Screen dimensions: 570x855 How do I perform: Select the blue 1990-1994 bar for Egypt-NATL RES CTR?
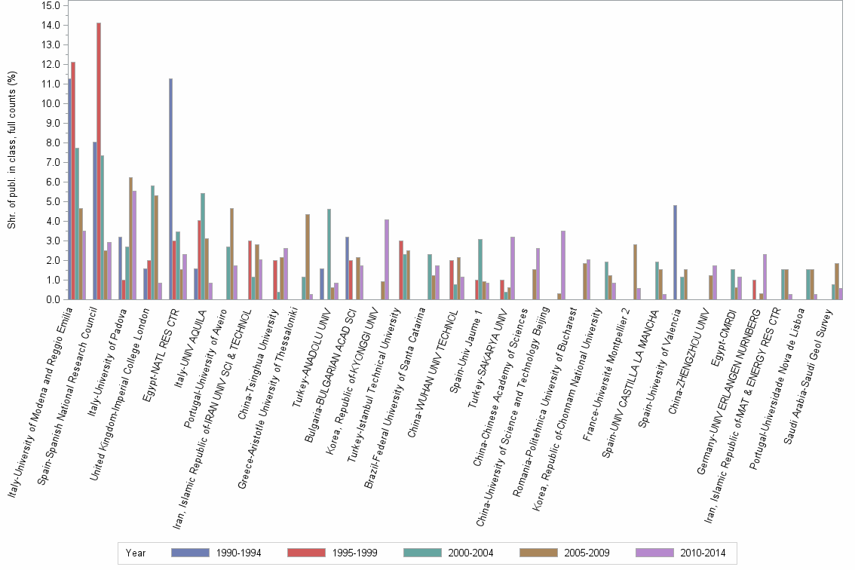(x=170, y=188)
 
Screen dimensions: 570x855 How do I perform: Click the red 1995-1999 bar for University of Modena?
(x=73, y=180)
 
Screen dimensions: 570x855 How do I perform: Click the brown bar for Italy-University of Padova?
(x=130, y=238)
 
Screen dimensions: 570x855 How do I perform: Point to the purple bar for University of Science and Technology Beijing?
(x=563, y=265)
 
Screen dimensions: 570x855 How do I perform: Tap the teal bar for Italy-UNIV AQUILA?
(x=203, y=246)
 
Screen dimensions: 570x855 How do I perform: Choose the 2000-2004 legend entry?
(x=468, y=553)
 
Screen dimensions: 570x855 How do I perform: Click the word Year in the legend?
(x=136, y=553)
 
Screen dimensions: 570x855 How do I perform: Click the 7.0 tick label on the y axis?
(x=51, y=162)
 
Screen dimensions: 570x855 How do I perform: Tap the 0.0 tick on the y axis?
(x=51, y=299)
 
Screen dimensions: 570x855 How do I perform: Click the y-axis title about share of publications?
(x=12, y=151)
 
